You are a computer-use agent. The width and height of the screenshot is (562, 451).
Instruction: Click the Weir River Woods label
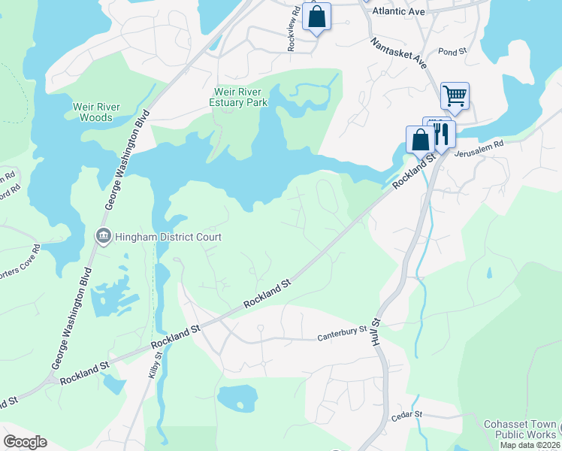tap(93, 112)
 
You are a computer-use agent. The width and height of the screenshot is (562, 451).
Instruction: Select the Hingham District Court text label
tap(168, 238)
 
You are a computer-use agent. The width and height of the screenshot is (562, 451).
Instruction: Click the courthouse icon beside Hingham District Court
tap(104, 237)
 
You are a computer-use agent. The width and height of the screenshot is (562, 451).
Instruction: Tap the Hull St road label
tap(376, 331)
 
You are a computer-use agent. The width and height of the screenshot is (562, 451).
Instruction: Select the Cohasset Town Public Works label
tap(521, 428)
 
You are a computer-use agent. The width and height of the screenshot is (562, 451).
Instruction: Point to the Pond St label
tap(452, 52)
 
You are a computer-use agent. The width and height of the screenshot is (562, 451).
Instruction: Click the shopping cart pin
tap(455, 96)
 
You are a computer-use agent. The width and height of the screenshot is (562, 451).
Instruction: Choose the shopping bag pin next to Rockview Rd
tap(316, 17)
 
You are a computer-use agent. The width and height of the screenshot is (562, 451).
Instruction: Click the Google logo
tap(26, 442)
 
